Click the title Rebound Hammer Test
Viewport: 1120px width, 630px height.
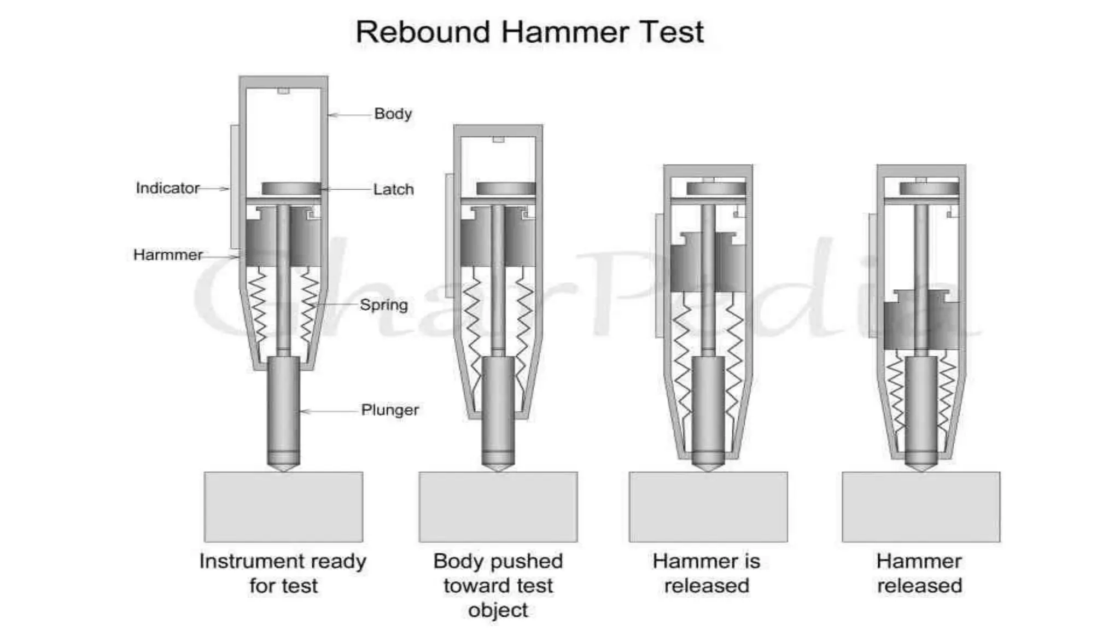[x=529, y=32]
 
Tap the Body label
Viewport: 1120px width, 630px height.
[x=393, y=114]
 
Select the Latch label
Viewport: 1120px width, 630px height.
[x=393, y=189]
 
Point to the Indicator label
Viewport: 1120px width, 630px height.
[x=167, y=188]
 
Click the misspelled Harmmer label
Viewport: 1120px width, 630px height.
[x=168, y=255]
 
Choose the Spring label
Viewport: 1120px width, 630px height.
[x=384, y=305]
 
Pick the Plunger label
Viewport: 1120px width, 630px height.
[x=390, y=410]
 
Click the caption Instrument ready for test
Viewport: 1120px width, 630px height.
[x=283, y=573]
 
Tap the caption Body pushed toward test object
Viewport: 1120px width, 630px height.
[x=498, y=585]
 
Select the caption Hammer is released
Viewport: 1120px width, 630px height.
[x=707, y=573]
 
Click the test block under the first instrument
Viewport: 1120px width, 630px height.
[x=283, y=507]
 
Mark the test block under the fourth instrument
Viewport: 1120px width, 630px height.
[x=921, y=507]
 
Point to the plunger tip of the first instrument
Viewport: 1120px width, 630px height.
[x=283, y=465]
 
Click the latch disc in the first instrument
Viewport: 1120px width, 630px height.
[x=291, y=189]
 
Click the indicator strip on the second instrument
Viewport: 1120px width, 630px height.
[x=450, y=235]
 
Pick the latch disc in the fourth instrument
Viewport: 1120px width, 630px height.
[x=929, y=189]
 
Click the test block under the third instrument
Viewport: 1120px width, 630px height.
[x=708, y=507]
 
